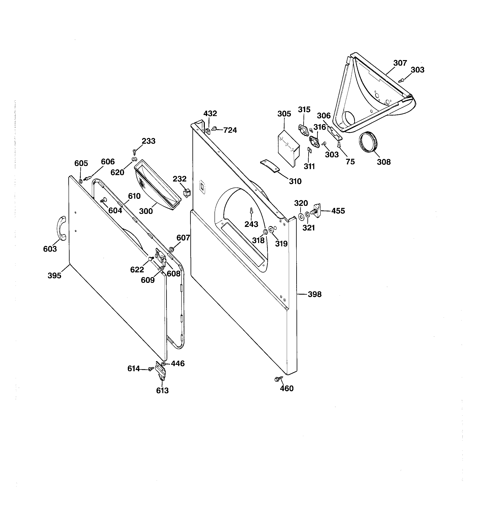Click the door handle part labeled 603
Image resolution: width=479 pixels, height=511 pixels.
62,228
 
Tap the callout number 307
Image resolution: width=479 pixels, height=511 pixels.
400,63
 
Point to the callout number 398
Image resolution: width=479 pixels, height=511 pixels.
314,294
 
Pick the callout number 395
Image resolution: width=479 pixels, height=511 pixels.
55,276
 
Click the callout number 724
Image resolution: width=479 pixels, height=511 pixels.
230,130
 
